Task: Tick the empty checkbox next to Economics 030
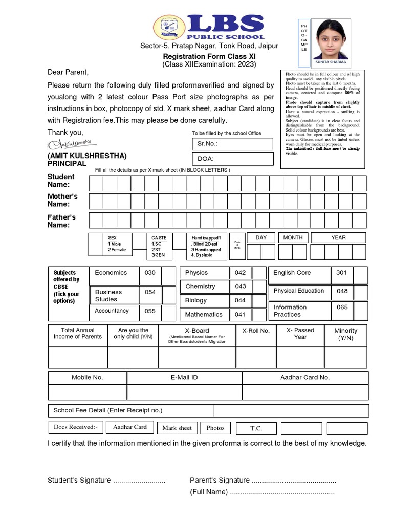[x=169, y=275]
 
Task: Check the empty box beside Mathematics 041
[x=259, y=314]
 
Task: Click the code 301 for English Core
[x=341, y=273]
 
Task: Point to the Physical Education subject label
[x=299, y=291]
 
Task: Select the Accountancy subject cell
[x=114, y=311]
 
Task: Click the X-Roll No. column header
[x=256, y=331]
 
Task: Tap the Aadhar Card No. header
[x=305, y=377]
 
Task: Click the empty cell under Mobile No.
[x=88, y=392]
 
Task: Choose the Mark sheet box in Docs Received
[x=177, y=428]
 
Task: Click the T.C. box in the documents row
[x=256, y=428]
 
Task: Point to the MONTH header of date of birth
[x=293, y=237]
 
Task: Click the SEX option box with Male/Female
[x=118, y=244]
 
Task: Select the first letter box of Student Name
[x=96, y=183]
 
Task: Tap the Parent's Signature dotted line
[x=294, y=481]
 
